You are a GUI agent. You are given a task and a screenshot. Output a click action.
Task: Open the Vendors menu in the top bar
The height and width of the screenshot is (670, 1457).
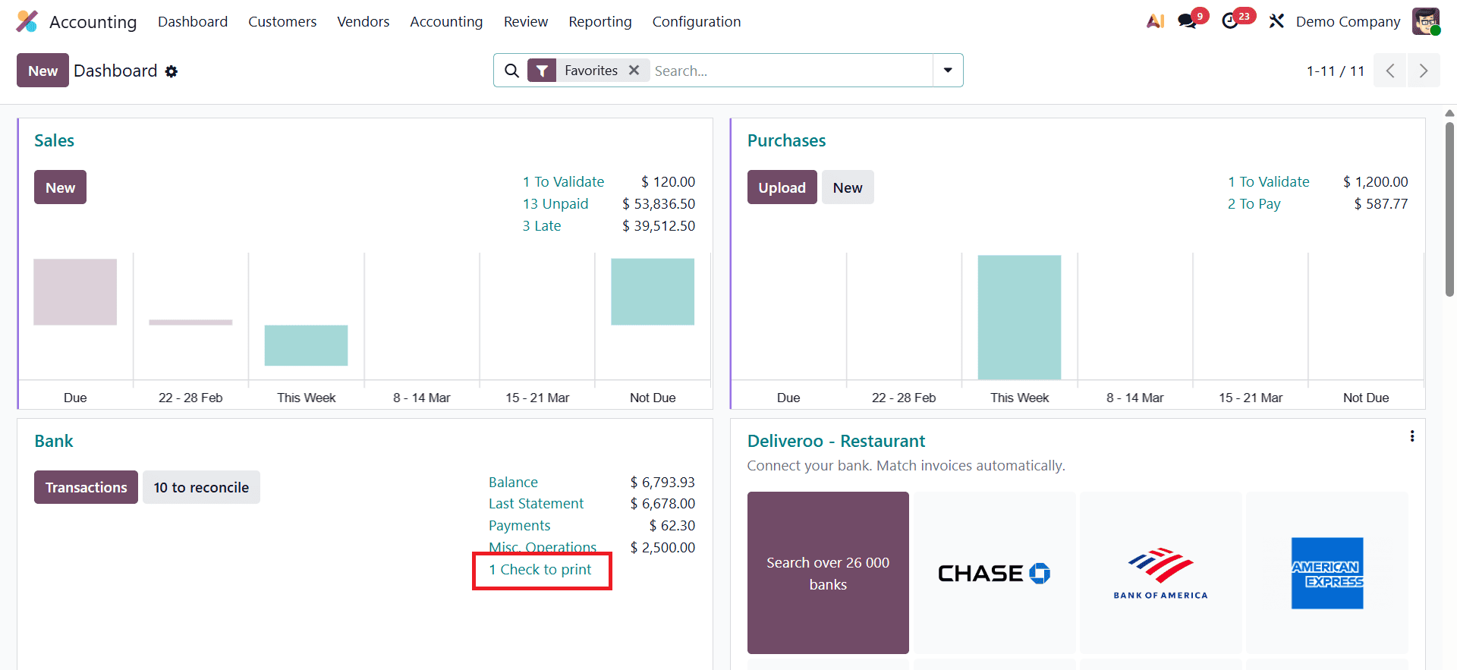[x=363, y=22]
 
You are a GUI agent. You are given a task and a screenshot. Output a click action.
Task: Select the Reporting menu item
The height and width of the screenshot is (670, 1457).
[x=599, y=22]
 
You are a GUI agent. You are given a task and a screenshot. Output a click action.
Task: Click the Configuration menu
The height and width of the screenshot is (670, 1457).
[x=696, y=22]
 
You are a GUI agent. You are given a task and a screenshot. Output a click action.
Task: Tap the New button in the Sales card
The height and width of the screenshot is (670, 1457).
[x=60, y=187]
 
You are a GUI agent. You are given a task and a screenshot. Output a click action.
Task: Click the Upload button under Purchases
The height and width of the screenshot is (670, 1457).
[x=782, y=187]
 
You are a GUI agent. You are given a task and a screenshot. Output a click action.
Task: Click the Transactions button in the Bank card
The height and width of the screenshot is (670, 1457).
[x=86, y=487]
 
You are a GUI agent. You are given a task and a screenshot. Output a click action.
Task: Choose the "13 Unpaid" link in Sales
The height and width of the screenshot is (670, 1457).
[x=555, y=204]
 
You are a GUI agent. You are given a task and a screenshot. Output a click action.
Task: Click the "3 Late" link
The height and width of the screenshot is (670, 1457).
[x=541, y=226]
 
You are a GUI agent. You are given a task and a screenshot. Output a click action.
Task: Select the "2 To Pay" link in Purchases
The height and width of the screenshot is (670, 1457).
[x=1254, y=204]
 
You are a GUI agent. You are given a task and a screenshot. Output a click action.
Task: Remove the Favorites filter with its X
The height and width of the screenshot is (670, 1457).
[x=634, y=71]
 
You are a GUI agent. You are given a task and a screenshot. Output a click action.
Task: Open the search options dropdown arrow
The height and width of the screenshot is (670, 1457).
[x=948, y=71]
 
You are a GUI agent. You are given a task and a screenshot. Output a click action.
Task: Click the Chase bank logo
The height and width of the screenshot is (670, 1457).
[x=994, y=573]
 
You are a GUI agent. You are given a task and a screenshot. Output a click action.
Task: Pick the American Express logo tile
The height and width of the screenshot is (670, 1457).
[x=1326, y=573]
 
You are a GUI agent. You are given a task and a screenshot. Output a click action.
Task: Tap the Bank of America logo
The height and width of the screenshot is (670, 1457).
[x=1160, y=573]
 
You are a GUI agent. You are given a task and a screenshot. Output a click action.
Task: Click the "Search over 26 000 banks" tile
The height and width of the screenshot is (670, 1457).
[x=828, y=573]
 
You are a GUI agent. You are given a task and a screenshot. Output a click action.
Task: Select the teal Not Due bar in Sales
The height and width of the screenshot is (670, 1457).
[x=653, y=292]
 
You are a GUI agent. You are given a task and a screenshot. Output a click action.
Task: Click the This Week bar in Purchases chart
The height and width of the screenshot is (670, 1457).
[x=1019, y=317]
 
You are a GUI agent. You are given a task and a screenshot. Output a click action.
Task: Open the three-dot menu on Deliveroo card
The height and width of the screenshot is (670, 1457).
[x=1411, y=436]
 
